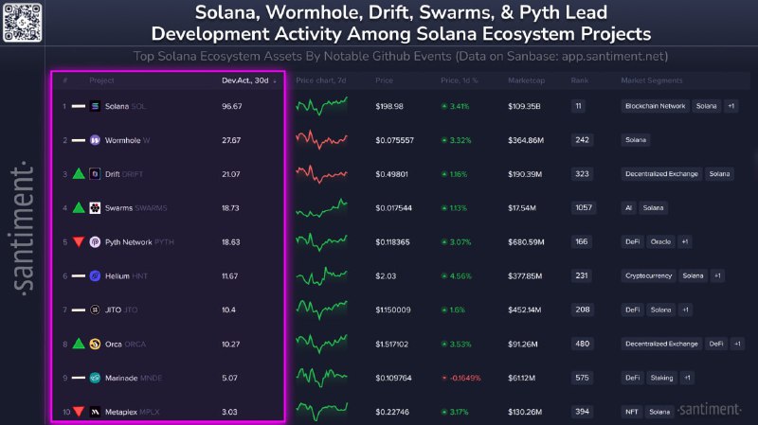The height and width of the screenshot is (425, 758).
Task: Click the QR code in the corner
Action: [x=24, y=22]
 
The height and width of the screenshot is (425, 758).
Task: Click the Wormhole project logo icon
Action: [x=95, y=140]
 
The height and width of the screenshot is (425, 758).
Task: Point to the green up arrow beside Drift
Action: [x=78, y=174]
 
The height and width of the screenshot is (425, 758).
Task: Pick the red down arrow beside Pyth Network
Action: [x=78, y=242]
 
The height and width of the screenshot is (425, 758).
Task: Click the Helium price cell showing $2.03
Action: [x=385, y=276]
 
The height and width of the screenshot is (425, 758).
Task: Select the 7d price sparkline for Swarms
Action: [x=321, y=208]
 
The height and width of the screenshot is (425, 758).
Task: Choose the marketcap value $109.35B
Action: [x=524, y=106]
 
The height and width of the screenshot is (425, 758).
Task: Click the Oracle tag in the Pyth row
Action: [x=661, y=242]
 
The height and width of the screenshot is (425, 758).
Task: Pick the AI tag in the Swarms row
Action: [x=628, y=208]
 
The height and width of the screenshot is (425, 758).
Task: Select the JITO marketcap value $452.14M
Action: [x=524, y=310]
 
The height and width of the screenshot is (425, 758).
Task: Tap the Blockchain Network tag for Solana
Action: [x=655, y=106]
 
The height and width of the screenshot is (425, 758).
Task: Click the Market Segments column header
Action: [x=652, y=80]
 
